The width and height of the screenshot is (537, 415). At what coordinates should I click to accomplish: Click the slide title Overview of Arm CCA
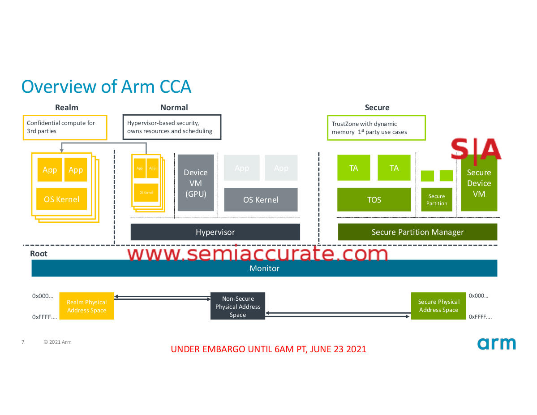(107, 86)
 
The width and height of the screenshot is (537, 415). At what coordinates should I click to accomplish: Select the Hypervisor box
(215, 232)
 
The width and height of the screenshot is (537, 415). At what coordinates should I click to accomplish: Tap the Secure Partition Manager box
(417, 232)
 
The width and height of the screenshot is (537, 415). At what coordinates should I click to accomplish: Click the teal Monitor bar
(264, 268)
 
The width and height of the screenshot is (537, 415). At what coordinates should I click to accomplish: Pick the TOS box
(374, 199)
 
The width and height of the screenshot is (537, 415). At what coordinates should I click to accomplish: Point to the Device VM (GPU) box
(196, 183)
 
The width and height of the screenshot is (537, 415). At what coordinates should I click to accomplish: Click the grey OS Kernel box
(261, 199)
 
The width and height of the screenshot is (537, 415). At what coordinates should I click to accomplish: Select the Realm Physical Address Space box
(86, 306)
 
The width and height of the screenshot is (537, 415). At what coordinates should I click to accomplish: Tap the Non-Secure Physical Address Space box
(238, 307)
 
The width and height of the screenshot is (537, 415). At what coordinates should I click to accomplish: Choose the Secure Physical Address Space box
(438, 306)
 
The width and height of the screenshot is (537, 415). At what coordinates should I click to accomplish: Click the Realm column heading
(67, 108)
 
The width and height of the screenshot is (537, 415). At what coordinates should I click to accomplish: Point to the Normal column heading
(174, 108)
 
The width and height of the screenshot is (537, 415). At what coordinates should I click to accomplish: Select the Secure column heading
(377, 108)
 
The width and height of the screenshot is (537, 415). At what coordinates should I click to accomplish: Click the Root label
(39, 254)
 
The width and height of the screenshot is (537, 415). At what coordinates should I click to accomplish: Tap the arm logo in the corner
(496, 343)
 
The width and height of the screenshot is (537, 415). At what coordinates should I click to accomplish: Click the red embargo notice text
(268, 349)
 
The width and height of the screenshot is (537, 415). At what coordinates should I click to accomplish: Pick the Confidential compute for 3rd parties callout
(65, 127)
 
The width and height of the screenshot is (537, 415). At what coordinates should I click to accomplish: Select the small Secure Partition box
(437, 199)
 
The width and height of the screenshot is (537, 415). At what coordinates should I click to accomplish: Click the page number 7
(23, 342)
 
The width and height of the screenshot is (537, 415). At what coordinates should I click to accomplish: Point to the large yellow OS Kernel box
(62, 199)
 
